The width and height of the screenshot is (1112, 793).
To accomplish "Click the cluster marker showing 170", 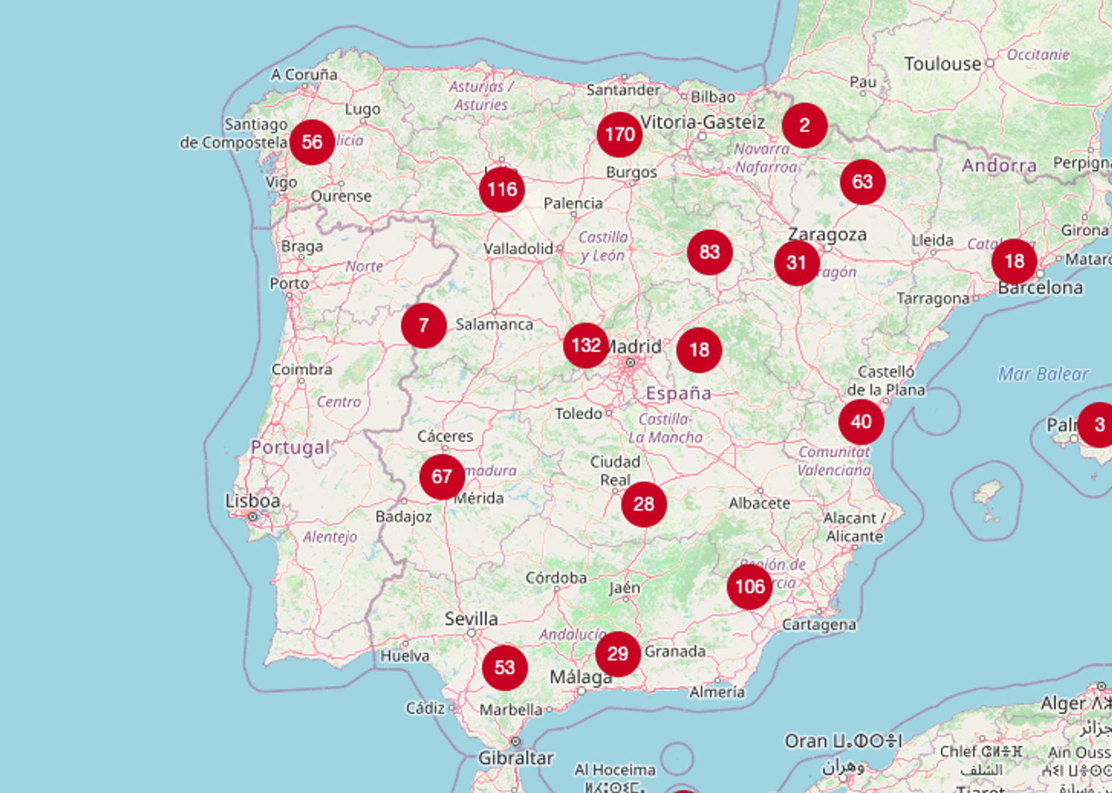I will [619, 135].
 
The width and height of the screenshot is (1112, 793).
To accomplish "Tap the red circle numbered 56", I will [312, 142].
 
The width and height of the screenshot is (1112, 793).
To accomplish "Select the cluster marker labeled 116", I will [502, 190].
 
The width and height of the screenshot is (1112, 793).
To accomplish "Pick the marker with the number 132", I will [586, 346].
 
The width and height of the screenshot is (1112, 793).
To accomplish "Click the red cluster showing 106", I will [749, 587].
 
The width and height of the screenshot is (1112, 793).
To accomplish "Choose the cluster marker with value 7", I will [423, 325].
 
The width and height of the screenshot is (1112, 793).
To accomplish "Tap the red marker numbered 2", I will [804, 126].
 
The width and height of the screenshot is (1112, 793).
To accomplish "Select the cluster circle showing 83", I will [709, 252].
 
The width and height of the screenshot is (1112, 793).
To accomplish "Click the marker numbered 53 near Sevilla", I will [504, 668].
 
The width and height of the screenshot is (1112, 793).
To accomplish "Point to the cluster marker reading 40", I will [861, 422].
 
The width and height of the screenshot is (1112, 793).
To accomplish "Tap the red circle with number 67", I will [442, 477].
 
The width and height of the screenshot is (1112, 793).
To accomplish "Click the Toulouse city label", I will [942, 64].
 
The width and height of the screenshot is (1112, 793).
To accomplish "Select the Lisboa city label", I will [253, 501].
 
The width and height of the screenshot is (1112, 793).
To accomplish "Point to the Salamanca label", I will [494, 324].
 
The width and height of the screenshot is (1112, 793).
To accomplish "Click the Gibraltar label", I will [515, 758].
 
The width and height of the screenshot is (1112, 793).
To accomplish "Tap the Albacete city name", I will [759, 503].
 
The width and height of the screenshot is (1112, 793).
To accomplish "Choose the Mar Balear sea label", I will [1043, 375].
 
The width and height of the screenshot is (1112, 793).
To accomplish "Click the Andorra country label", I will [999, 166].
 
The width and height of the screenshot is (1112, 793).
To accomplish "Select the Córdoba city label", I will [556, 578].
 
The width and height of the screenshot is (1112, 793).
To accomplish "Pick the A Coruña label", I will [304, 75].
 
